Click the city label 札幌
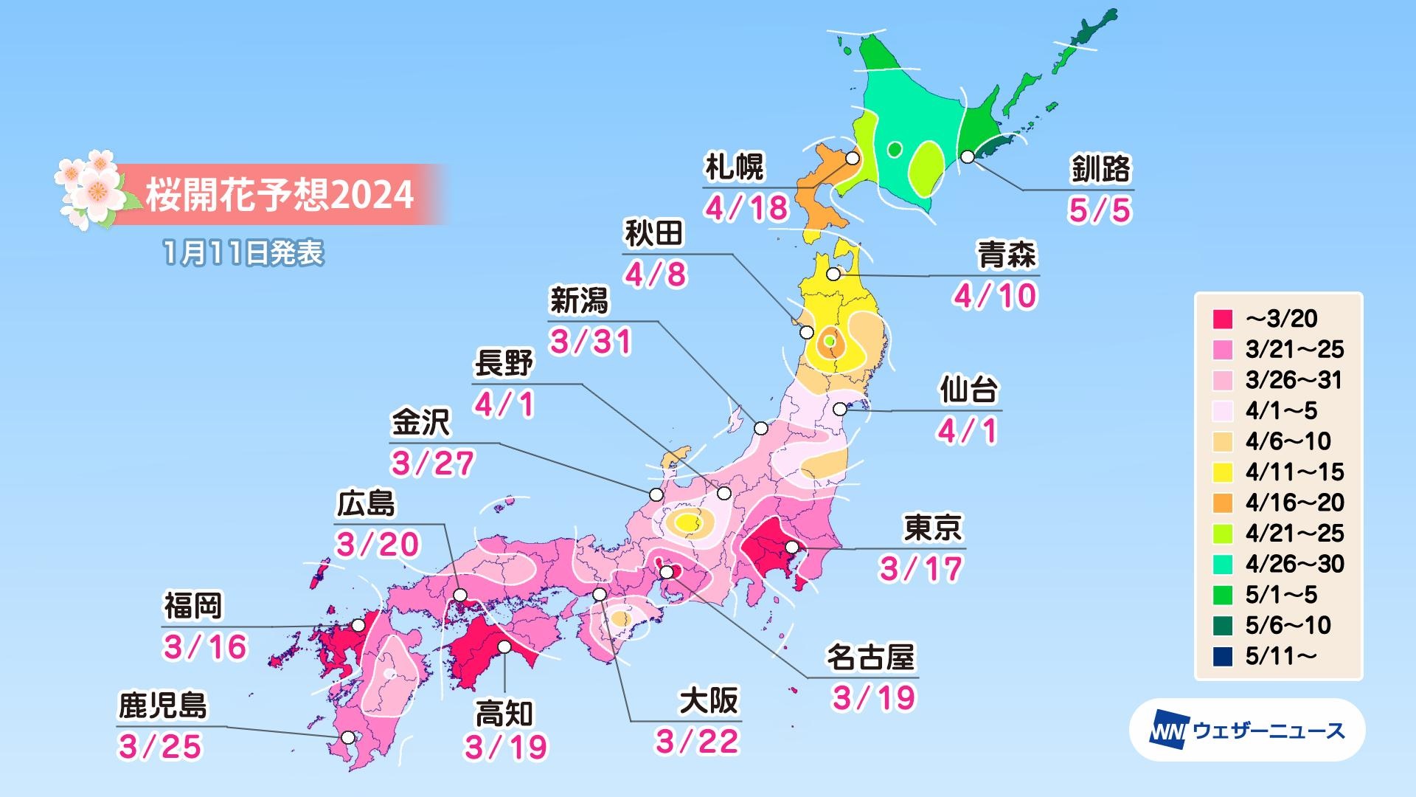[x=734, y=168]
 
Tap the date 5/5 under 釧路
[x=1099, y=211]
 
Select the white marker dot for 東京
[x=792, y=548]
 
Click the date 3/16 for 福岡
[x=205, y=647]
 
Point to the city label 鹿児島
[x=163, y=706]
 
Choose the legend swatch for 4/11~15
[x=1222, y=472]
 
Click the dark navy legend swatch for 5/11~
[x=1222, y=656]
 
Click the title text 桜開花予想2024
[x=279, y=195]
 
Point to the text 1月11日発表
[x=243, y=254]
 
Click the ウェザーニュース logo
[x=1246, y=731]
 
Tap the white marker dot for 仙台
[x=839, y=409]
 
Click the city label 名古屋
[x=870, y=657]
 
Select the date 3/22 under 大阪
[x=697, y=742]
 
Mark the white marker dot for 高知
[x=504, y=647]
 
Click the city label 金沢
[x=420, y=424]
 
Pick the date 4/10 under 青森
[x=995, y=297]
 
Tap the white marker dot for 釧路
[x=968, y=156]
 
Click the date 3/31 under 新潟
[x=591, y=342]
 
